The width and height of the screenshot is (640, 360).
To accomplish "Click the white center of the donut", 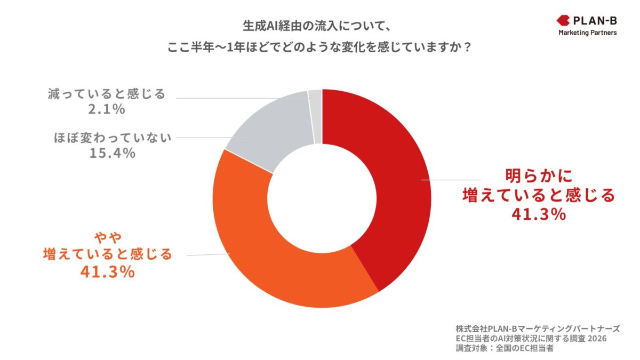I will [322, 198].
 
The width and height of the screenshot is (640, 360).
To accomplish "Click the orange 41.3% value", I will [107, 272].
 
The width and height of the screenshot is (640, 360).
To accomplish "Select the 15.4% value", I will [113, 153].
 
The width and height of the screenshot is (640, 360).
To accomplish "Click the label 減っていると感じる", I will [105, 94].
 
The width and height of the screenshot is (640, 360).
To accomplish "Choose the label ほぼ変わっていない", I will [113, 138].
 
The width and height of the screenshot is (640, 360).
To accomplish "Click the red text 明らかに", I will [538, 175].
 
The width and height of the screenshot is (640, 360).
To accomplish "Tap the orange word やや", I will [107, 236].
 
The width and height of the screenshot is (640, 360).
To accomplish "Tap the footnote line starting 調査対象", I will [505, 349].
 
